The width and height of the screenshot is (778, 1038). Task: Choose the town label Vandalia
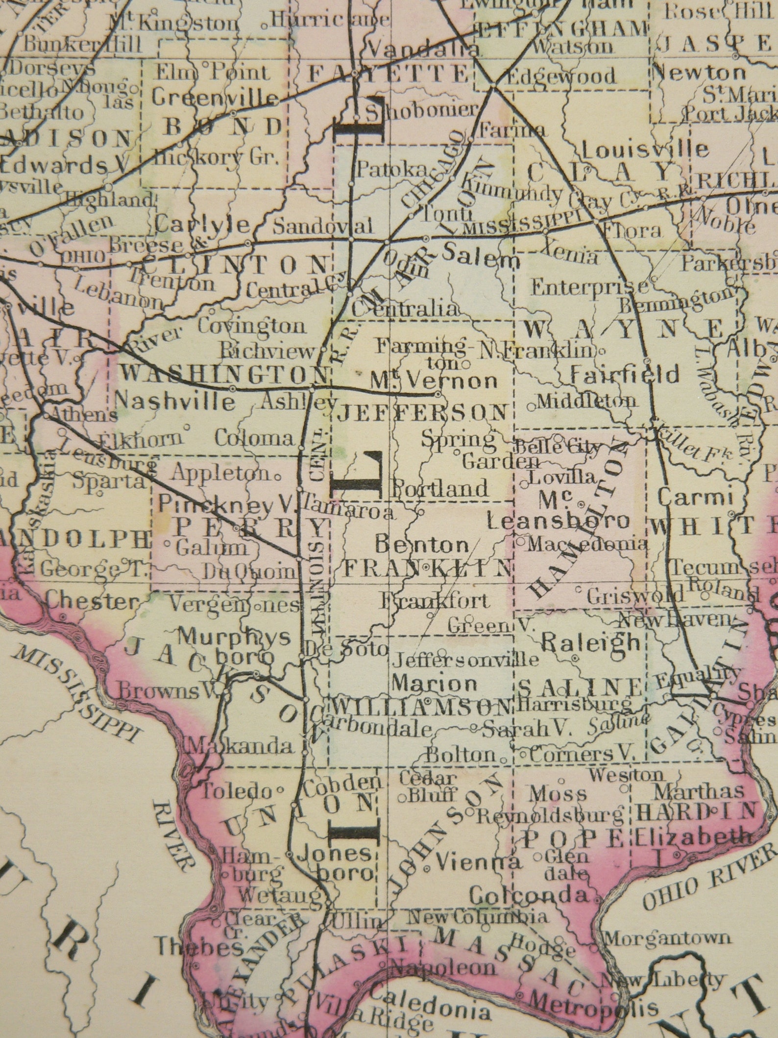423,48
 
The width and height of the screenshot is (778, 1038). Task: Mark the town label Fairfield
625,375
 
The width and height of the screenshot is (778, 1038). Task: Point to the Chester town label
91,602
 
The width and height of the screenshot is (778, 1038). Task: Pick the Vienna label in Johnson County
477,861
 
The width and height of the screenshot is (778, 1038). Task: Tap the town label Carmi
694,498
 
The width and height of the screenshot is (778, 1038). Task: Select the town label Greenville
215,98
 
